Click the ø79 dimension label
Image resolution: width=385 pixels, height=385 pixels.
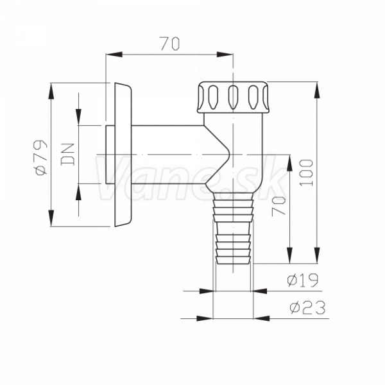(x=41, y=158)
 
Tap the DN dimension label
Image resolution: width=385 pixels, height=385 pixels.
(x=67, y=154)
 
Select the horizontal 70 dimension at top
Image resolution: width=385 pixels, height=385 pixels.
(x=170, y=44)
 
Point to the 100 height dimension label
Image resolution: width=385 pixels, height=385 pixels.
(x=307, y=173)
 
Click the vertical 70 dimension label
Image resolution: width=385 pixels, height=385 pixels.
(x=279, y=206)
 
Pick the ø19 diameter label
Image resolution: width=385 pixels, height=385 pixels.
(x=303, y=280)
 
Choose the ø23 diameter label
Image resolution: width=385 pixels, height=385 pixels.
(x=307, y=307)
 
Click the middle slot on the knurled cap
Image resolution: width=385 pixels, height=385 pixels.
(x=233, y=97)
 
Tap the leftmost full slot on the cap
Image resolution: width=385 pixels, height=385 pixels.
(x=213, y=97)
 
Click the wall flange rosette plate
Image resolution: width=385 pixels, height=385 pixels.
(x=123, y=155)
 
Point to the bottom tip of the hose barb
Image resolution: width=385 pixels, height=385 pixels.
(x=233, y=264)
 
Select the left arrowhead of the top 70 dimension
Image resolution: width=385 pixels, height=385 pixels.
(x=114, y=55)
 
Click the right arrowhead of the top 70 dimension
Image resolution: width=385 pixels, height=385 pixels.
(x=225, y=55)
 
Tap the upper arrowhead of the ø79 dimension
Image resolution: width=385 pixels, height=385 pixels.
(x=51, y=91)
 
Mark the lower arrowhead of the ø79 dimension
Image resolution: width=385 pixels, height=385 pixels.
(x=51, y=218)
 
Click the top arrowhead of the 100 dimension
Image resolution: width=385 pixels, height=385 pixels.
(x=317, y=90)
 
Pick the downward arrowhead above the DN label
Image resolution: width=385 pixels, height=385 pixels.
(x=78, y=117)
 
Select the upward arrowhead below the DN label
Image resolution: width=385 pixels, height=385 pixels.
(x=78, y=192)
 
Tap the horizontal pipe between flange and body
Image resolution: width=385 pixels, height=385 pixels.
(x=168, y=155)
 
